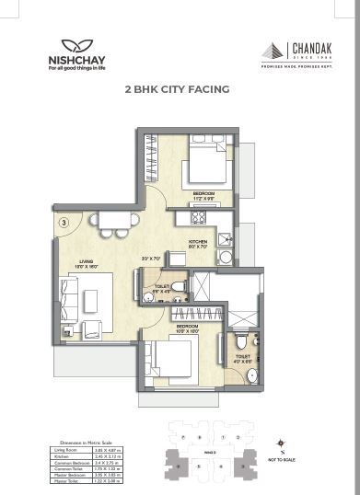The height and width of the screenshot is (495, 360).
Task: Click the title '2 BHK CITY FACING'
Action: coord(176,90)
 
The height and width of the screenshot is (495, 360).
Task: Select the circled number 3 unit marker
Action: coord(63,222)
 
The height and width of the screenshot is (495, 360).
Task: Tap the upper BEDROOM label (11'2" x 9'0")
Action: coord(203,196)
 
